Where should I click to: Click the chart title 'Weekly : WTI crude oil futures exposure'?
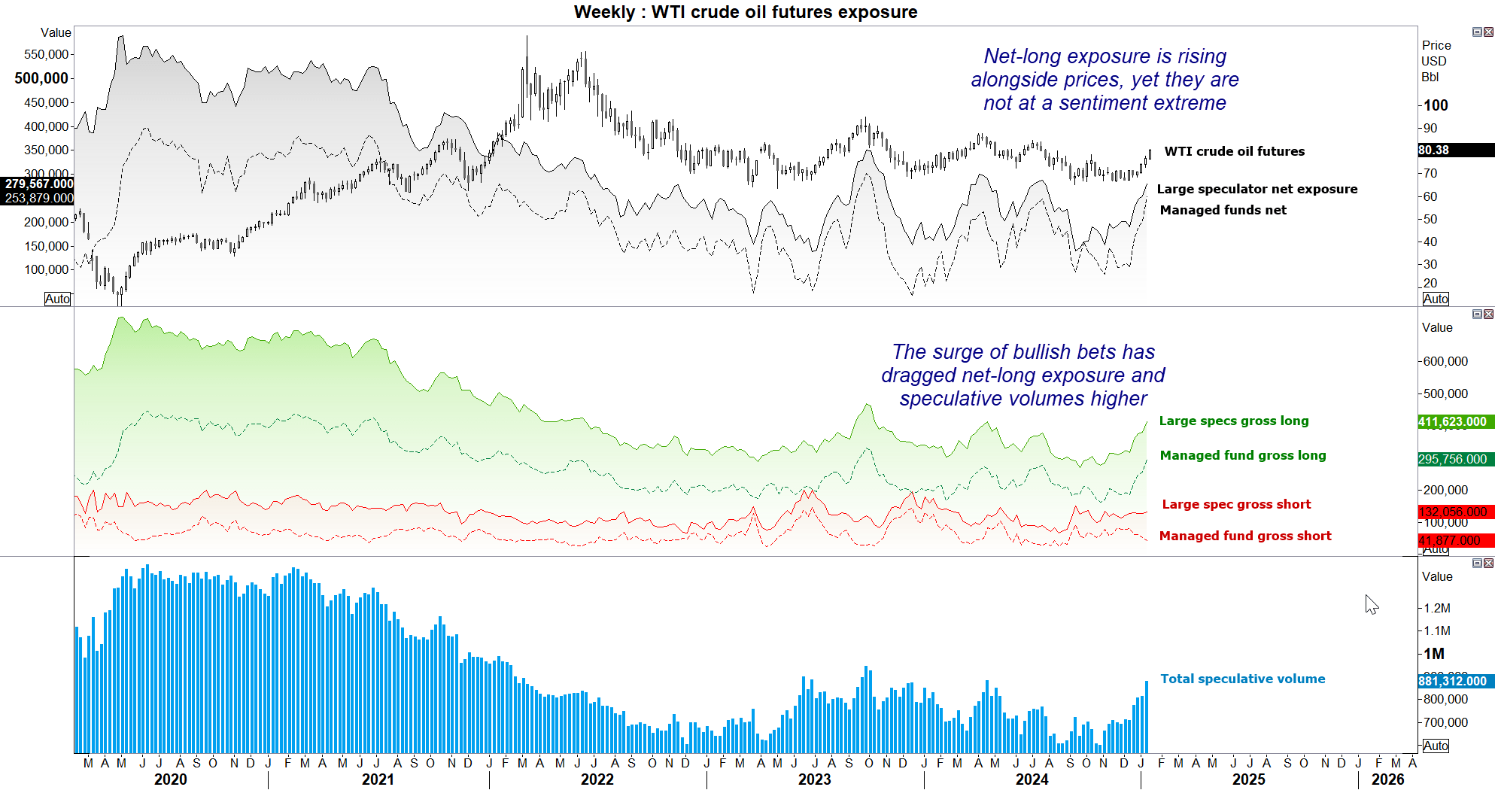pyautogui.click(x=745, y=12)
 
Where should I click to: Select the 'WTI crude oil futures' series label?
pyautogui.click(x=1234, y=151)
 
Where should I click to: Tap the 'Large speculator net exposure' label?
pyautogui.click(x=1256, y=189)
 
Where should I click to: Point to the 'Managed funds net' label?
pyautogui.click(x=1223, y=210)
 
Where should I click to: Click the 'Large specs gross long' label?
pyautogui.click(x=1233, y=421)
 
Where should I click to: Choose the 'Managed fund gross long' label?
pyautogui.click(x=1242, y=455)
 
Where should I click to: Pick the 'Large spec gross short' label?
pyautogui.click(x=1235, y=504)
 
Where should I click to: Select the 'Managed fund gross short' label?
pyautogui.click(x=1244, y=536)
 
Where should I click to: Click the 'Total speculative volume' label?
pyautogui.click(x=1242, y=679)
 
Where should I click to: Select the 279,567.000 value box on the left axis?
pyautogui.click(x=38, y=184)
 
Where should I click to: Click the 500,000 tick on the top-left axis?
pyautogui.click(x=41, y=78)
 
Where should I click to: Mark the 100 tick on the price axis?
pyautogui.click(x=1436, y=105)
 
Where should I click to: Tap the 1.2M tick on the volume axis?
pyautogui.click(x=1437, y=608)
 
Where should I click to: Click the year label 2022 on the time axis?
pyautogui.click(x=597, y=779)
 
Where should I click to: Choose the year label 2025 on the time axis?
pyautogui.click(x=1248, y=779)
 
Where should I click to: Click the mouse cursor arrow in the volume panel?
pyautogui.click(x=1371, y=603)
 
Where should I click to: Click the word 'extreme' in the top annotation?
pyautogui.click(x=1189, y=103)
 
